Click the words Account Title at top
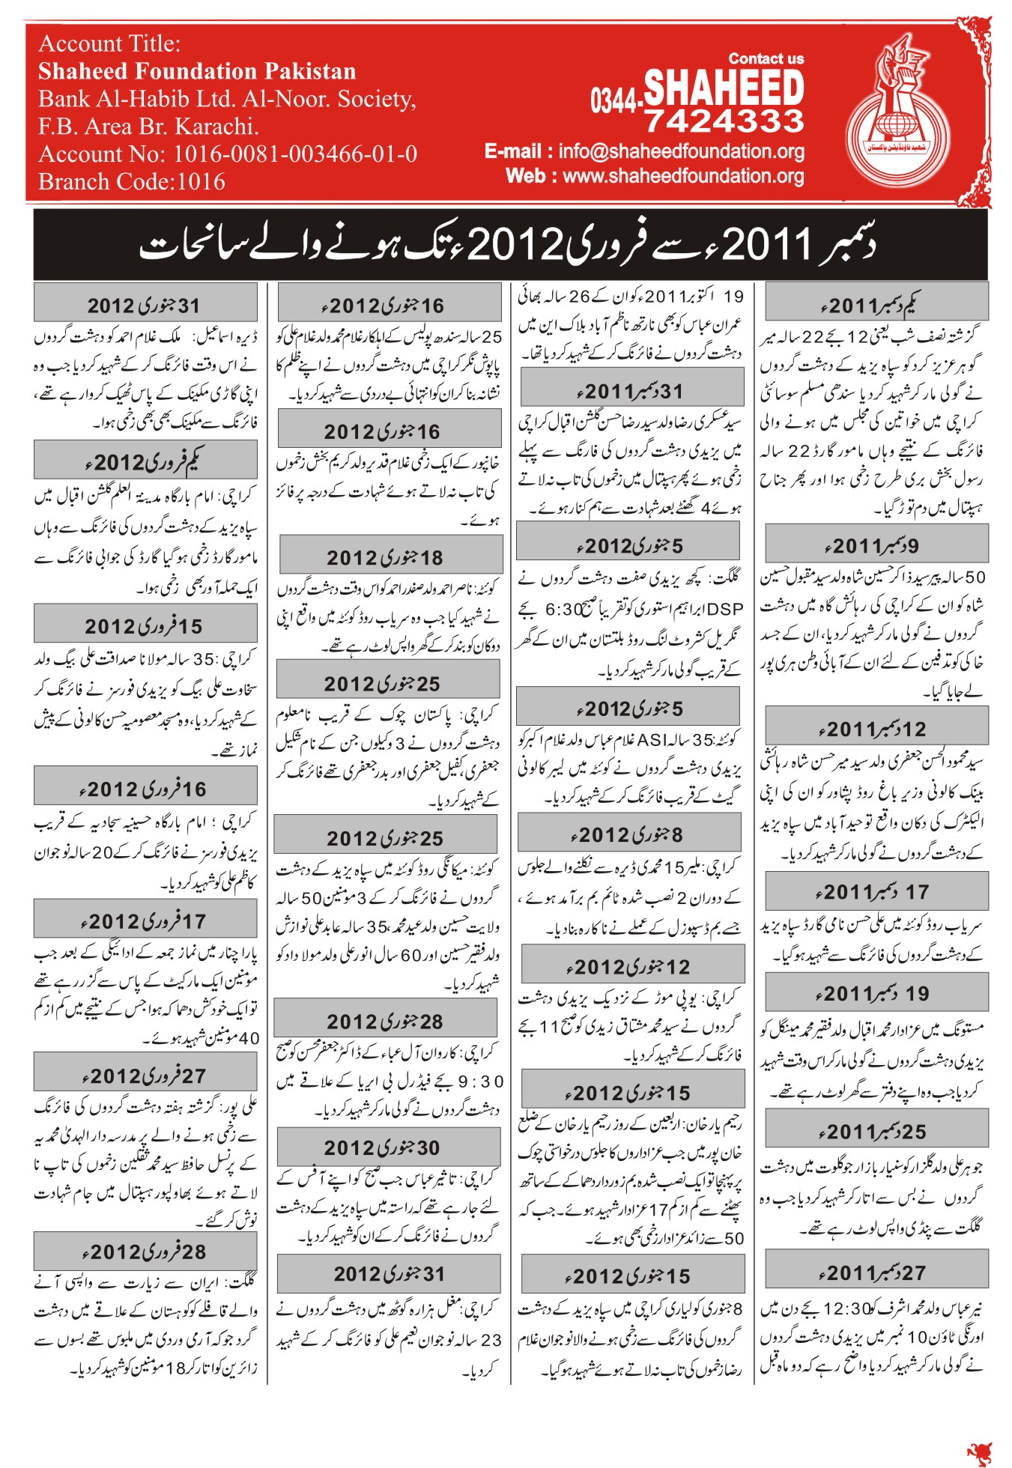(x=109, y=43)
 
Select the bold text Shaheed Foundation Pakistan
(x=197, y=71)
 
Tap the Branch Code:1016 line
(x=132, y=182)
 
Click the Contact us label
(x=766, y=58)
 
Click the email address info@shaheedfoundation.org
(x=681, y=151)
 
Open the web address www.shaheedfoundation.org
(x=683, y=176)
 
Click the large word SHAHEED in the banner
(x=724, y=87)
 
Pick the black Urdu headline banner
(x=509, y=244)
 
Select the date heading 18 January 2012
(x=390, y=557)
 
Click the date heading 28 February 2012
(x=145, y=1251)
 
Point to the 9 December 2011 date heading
(x=876, y=545)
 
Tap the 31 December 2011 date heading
(x=631, y=391)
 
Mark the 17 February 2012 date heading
(x=145, y=920)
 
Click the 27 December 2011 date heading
(x=876, y=1273)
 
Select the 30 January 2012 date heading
(x=388, y=1147)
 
